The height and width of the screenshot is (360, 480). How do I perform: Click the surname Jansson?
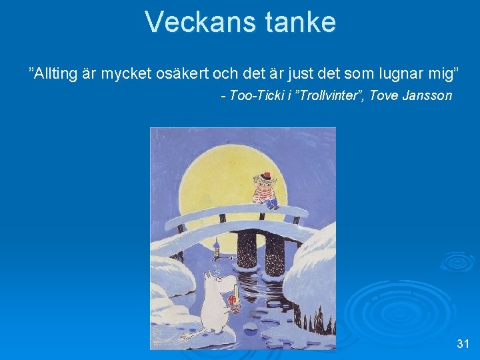[x=428, y=95]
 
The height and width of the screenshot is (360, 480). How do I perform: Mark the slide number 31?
[x=463, y=344]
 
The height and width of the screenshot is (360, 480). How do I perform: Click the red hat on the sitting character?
[x=267, y=176]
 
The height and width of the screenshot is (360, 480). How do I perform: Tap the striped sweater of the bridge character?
[x=265, y=193]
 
